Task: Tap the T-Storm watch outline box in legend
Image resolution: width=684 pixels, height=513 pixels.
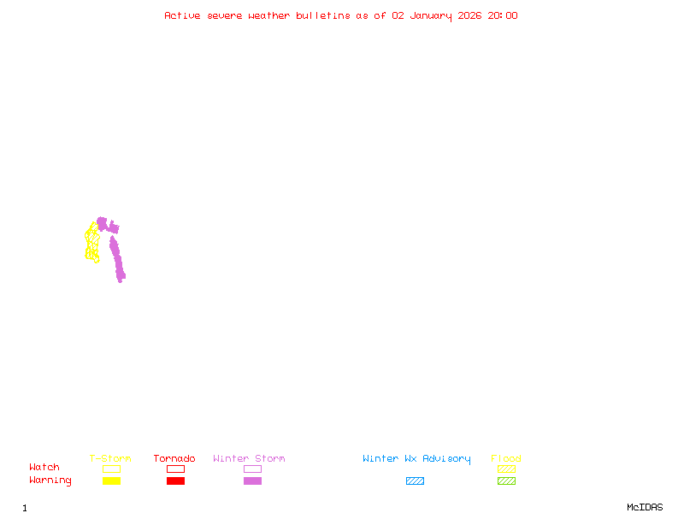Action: pyautogui.click(x=111, y=469)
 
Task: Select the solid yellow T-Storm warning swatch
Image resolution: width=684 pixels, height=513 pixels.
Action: pyautogui.click(x=111, y=481)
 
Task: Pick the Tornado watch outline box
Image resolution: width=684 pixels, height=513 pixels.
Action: pyautogui.click(x=175, y=469)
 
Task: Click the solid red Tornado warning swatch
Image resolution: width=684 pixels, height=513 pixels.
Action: pyautogui.click(x=175, y=481)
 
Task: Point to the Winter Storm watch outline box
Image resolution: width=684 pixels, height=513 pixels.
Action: pyautogui.click(x=252, y=469)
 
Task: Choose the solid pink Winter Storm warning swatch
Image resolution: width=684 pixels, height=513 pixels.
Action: pyautogui.click(x=252, y=481)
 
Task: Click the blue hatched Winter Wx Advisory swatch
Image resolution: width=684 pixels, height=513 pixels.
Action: pyautogui.click(x=415, y=481)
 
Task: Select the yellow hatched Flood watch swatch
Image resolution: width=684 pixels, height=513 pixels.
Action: pyautogui.click(x=506, y=469)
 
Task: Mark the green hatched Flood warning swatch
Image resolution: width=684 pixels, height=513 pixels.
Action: pyautogui.click(x=506, y=481)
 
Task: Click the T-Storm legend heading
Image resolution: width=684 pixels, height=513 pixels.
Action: pyautogui.click(x=110, y=458)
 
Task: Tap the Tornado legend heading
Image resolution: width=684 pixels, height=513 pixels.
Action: pyautogui.click(x=174, y=458)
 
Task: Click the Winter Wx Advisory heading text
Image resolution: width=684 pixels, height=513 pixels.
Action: pyautogui.click(x=416, y=458)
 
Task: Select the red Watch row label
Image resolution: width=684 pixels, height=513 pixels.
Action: pyautogui.click(x=44, y=467)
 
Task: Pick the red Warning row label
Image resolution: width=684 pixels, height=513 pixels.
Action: pyautogui.click(x=50, y=481)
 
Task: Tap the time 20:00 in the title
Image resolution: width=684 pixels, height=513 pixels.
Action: pyautogui.click(x=503, y=15)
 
